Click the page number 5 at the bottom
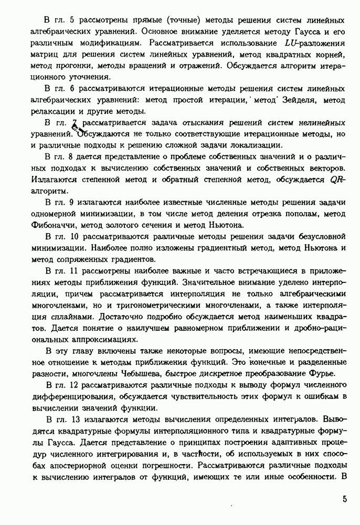pos(344,499)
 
